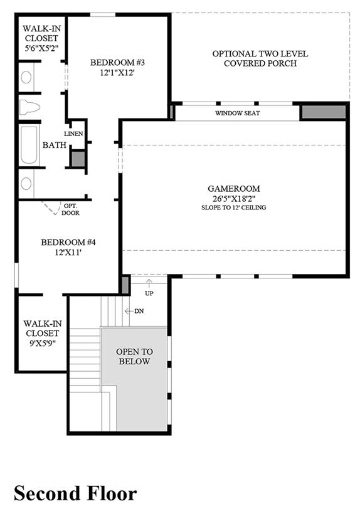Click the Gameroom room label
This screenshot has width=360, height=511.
[x=234, y=189]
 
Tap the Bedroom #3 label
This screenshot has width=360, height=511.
[x=117, y=62]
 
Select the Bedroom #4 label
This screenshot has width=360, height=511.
[x=68, y=243]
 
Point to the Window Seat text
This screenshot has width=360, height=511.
[x=238, y=113]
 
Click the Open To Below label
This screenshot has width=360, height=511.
[x=134, y=357]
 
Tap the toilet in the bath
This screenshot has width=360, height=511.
[x=29, y=107]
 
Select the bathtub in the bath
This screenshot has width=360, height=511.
[x=29, y=145]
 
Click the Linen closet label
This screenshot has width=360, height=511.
[x=73, y=134]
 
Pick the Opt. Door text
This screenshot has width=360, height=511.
[x=70, y=209]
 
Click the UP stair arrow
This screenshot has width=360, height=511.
[x=149, y=283]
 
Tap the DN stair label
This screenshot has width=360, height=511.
[x=139, y=311]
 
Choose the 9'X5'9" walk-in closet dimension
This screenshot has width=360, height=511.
[x=43, y=343]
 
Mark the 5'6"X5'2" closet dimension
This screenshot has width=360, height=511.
[x=41, y=48]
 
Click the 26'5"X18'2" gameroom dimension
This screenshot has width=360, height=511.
[x=234, y=199]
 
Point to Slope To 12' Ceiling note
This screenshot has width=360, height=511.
[x=234, y=208]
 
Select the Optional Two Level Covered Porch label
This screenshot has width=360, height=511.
[x=260, y=58]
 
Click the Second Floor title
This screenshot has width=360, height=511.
[x=75, y=493]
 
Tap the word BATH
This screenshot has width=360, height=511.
[x=55, y=145]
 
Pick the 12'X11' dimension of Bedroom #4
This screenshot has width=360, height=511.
[x=68, y=252]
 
